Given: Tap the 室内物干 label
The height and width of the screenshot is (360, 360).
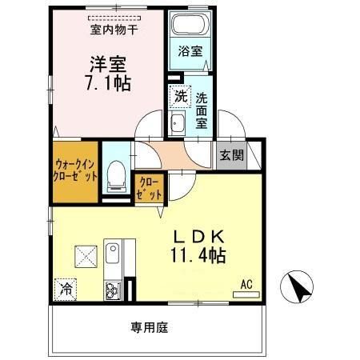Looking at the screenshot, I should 113,31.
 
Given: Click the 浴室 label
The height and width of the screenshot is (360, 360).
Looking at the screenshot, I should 190,52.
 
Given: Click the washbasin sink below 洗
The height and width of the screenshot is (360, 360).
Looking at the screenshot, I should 178,123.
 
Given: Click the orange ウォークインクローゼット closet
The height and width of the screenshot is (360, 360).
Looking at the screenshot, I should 76,170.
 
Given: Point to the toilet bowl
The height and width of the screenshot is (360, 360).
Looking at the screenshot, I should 117,174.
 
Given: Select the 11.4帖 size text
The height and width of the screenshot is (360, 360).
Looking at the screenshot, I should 198,256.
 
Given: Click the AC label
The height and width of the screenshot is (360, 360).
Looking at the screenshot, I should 246,282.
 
